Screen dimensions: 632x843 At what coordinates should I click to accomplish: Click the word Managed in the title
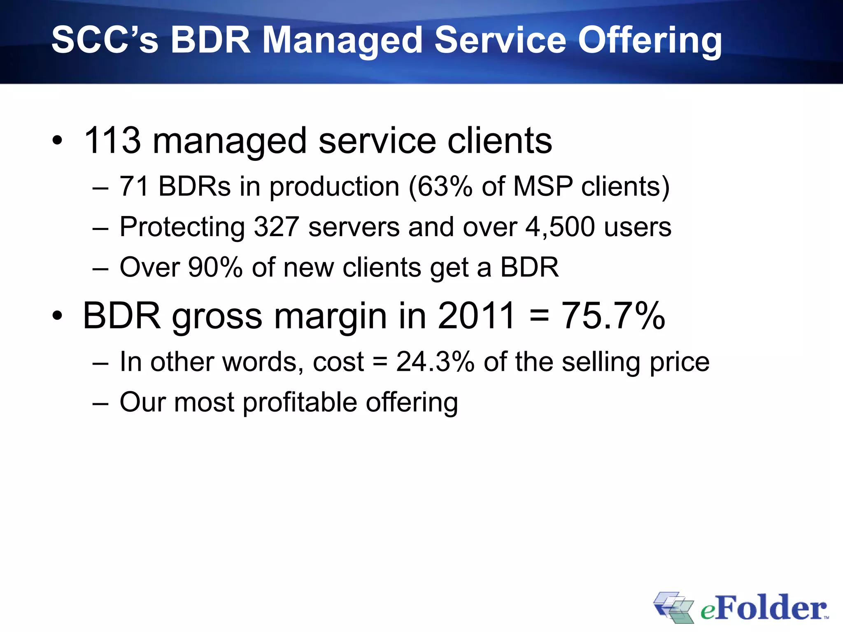(x=342, y=40)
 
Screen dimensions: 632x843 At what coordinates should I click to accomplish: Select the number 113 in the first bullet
(x=112, y=141)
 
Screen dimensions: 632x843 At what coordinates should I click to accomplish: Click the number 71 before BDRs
(x=134, y=186)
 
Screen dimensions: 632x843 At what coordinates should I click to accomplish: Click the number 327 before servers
(x=276, y=227)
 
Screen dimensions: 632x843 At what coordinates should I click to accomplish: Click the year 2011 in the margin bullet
(x=476, y=316)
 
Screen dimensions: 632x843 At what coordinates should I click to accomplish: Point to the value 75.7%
(x=613, y=316)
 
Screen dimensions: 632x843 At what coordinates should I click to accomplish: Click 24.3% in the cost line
(x=435, y=362)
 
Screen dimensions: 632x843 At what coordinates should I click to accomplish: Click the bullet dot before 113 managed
(x=58, y=141)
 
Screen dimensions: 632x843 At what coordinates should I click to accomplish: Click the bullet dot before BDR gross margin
(x=58, y=316)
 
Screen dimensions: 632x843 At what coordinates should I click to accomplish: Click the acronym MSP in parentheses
(x=543, y=186)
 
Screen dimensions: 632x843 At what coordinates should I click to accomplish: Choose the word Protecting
(x=182, y=227)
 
